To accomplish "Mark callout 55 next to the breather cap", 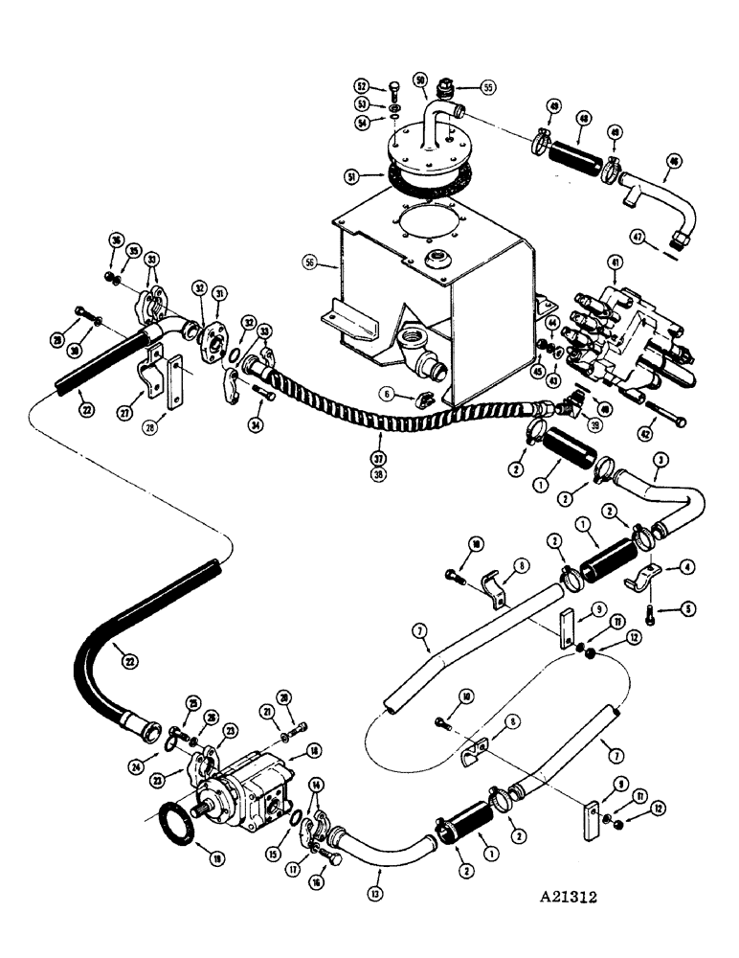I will pyautogui.click(x=488, y=86).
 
